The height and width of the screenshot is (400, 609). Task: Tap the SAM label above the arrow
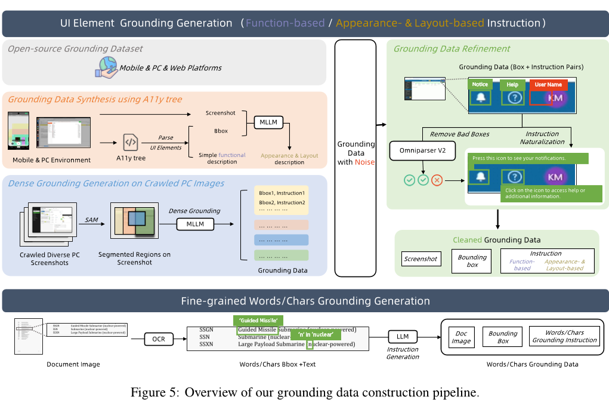[91, 220]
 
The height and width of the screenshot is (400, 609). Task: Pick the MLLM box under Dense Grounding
[195, 224]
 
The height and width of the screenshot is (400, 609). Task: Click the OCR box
[159, 339]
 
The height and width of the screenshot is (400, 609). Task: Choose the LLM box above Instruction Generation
[403, 336]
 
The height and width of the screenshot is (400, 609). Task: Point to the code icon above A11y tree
[131, 143]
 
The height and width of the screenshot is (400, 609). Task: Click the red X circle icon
[437, 180]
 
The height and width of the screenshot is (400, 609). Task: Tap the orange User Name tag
[548, 85]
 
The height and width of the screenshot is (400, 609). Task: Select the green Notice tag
[480, 85]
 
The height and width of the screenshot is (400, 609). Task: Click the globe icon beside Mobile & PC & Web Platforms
[106, 67]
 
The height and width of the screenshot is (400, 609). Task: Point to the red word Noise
[364, 162]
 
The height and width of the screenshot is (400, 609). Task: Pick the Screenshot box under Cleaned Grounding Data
[421, 259]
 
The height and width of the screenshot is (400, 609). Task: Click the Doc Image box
[461, 337]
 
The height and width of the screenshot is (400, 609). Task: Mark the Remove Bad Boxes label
[460, 134]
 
